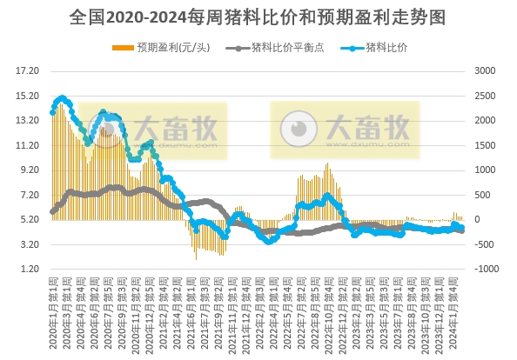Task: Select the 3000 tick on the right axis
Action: (486, 70)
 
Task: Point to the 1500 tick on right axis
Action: (486, 144)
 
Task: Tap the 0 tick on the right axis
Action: (477, 220)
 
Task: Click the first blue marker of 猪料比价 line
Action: (52, 115)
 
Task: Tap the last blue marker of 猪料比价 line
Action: (461, 228)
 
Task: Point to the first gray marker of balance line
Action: (52, 211)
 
